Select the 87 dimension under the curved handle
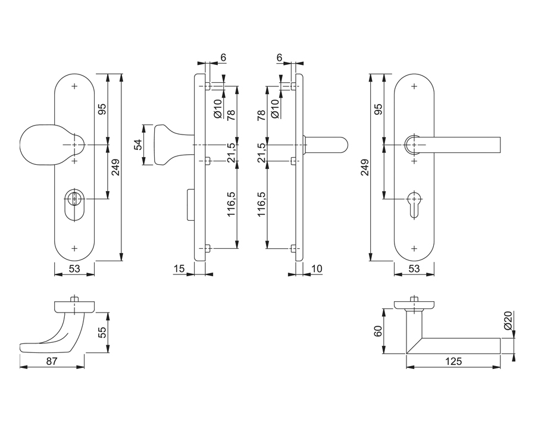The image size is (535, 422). coord(52,361)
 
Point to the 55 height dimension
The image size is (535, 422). coord(102,332)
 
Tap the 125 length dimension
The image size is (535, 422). coord(453,361)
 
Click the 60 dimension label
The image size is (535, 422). coord(377,331)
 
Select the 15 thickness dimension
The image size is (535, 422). coord(179,269)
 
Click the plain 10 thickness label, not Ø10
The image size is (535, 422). coord(317,269)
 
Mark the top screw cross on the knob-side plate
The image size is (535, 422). coord(74,87)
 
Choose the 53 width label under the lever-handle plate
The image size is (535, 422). coord(414,269)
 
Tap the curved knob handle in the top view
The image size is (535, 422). coord(57,333)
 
